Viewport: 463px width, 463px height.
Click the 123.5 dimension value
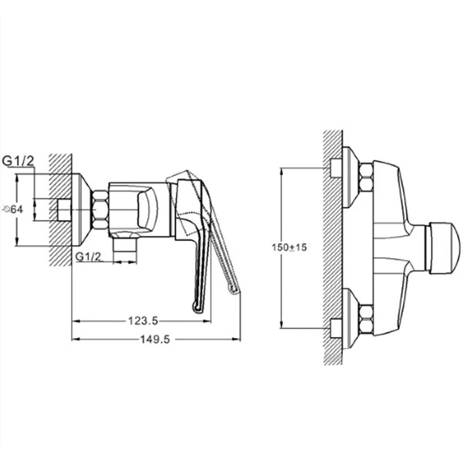point(143,321)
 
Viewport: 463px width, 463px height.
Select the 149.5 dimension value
point(155,340)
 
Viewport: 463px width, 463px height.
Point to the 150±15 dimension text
point(289,247)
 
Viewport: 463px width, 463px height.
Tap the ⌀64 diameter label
point(12,210)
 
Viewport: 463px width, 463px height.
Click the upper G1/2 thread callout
point(19,161)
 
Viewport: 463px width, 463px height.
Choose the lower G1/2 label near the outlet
point(89,256)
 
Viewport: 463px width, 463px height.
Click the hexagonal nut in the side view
point(100,210)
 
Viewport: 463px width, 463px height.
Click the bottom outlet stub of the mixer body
point(125,245)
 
